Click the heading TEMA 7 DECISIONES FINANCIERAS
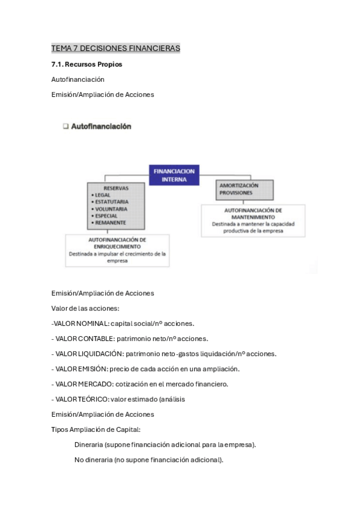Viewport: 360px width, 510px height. coord(116,48)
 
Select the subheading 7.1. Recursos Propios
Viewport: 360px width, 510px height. coord(87,64)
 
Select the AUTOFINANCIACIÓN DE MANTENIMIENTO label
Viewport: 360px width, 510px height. coord(252,213)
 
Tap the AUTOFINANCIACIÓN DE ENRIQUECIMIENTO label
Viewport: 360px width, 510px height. coord(117,243)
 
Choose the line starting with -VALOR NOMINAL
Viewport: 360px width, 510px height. coord(123,324)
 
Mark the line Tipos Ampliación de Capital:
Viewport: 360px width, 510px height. coord(96,429)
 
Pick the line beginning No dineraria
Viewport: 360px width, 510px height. coord(148,460)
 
